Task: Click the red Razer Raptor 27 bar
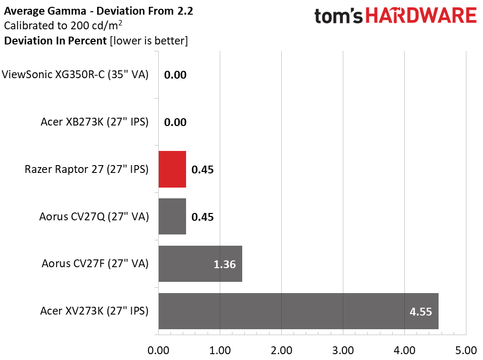172,169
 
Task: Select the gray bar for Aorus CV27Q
172,216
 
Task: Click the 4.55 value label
420,311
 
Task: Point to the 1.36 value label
224,264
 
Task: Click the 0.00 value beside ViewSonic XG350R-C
175,75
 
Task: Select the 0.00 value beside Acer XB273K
175,122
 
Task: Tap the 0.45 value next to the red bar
203,169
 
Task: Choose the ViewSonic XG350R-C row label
75,75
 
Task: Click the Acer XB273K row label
94,122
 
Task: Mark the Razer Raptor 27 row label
86,169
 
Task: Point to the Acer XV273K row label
94,311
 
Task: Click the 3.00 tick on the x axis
343,350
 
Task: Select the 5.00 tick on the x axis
466,350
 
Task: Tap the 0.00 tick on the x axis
158,350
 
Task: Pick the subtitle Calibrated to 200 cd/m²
63,25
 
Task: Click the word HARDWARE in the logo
421,16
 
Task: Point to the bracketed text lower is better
149,41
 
